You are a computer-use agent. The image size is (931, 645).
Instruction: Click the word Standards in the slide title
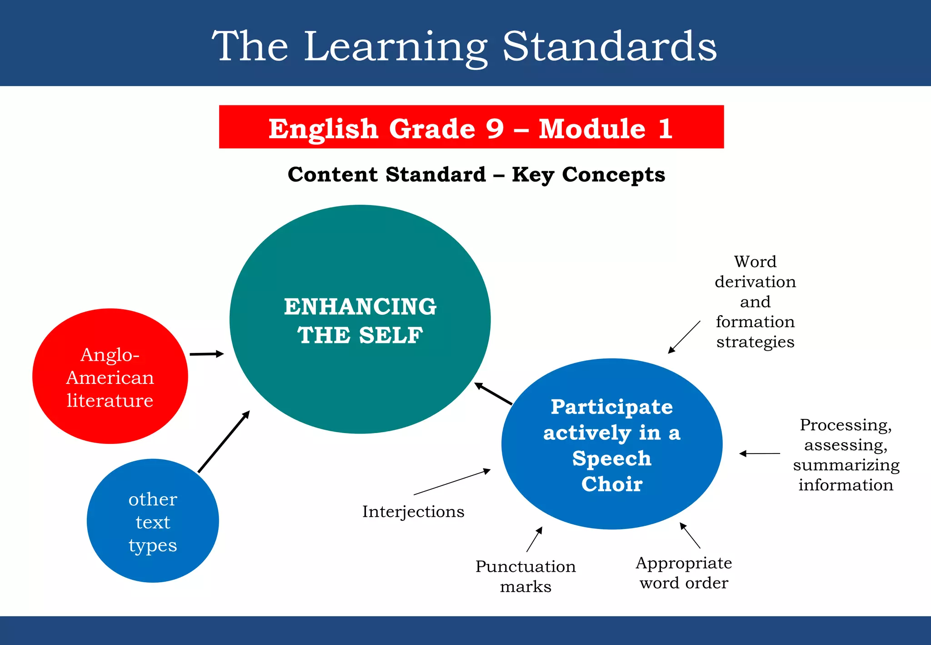click(x=609, y=46)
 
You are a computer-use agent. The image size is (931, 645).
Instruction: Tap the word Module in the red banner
click(x=592, y=129)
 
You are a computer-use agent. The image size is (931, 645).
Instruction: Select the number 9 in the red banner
click(x=495, y=129)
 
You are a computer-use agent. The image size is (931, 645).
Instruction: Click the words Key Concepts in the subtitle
click(x=588, y=175)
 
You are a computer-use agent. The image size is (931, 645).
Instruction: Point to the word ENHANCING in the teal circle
click(x=360, y=307)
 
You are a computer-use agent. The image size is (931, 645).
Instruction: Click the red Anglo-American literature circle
click(x=110, y=377)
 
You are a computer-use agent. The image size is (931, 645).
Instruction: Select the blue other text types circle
click(x=153, y=521)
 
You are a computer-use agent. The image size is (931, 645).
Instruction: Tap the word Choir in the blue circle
click(x=612, y=484)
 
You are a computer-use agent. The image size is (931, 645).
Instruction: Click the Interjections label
click(x=413, y=512)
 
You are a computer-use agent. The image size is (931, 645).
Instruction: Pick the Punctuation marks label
click(x=526, y=576)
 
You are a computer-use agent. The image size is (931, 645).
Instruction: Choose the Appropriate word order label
click(x=684, y=573)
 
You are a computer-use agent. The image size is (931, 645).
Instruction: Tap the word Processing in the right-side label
click(x=846, y=425)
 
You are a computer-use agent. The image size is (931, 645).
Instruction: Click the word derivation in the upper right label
click(x=755, y=282)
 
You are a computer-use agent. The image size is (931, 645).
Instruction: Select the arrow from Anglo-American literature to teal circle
click(x=207, y=354)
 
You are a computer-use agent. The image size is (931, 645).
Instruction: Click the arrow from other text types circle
click(x=224, y=442)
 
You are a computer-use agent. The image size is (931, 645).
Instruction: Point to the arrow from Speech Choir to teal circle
click(x=493, y=393)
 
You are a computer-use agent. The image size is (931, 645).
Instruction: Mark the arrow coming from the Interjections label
click(x=452, y=482)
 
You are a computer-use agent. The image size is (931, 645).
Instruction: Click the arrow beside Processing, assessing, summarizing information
click(x=760, y=454)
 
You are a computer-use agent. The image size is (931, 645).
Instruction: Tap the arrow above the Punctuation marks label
click(x=535, y=539)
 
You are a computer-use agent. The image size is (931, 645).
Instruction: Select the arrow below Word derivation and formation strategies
click(x=684, y=337)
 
